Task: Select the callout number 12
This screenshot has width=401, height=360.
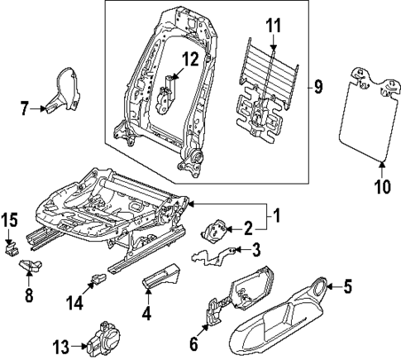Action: [x=191, y=59]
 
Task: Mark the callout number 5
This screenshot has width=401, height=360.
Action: [x=347, y=288]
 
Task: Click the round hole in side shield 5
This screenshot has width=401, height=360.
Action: [x=319, y=288]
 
